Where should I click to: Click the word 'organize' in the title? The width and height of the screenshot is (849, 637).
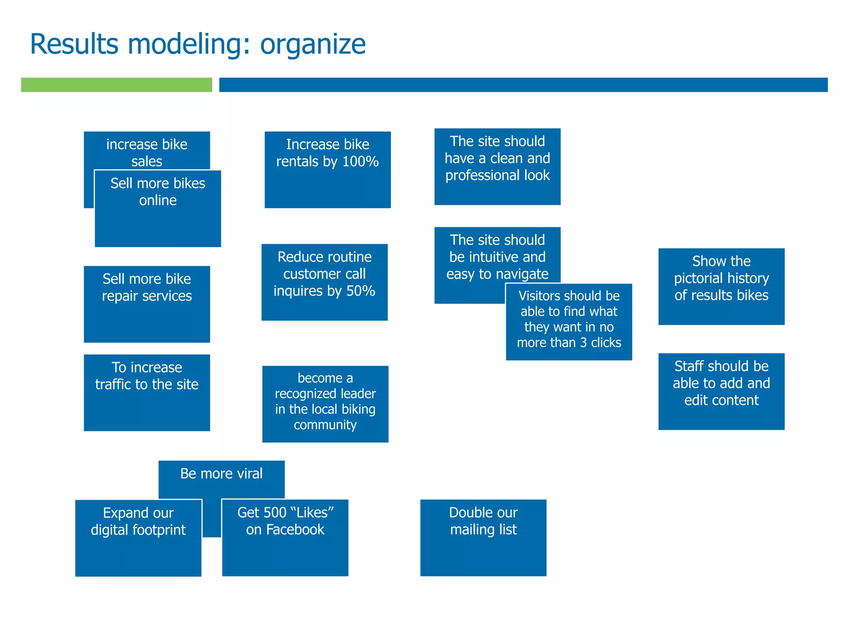point(313,45)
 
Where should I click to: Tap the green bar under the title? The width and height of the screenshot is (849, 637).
point(116,85)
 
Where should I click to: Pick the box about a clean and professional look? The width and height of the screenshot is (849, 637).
point(497,166)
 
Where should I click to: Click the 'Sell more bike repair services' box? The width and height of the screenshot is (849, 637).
point(147,304)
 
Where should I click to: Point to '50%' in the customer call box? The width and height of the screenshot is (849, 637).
point(360,291)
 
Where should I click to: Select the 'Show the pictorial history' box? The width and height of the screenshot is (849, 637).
point(721,286)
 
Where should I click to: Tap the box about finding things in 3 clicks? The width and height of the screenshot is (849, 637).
point(568,321)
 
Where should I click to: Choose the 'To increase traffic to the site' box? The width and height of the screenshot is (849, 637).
point(147,392)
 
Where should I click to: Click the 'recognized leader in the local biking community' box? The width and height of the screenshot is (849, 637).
point(325,404)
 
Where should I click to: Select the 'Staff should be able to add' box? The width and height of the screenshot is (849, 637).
point(721,391)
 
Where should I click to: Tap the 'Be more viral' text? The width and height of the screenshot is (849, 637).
point(221,474)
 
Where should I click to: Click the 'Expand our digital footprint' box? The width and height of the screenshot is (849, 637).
point(138,537)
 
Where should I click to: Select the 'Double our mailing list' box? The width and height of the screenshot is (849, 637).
point(483,537)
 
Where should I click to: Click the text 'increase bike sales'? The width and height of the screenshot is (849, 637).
point(147,152)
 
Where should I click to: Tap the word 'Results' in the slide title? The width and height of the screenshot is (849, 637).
point(74,44)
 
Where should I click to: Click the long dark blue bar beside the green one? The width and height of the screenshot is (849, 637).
point(523,85)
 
